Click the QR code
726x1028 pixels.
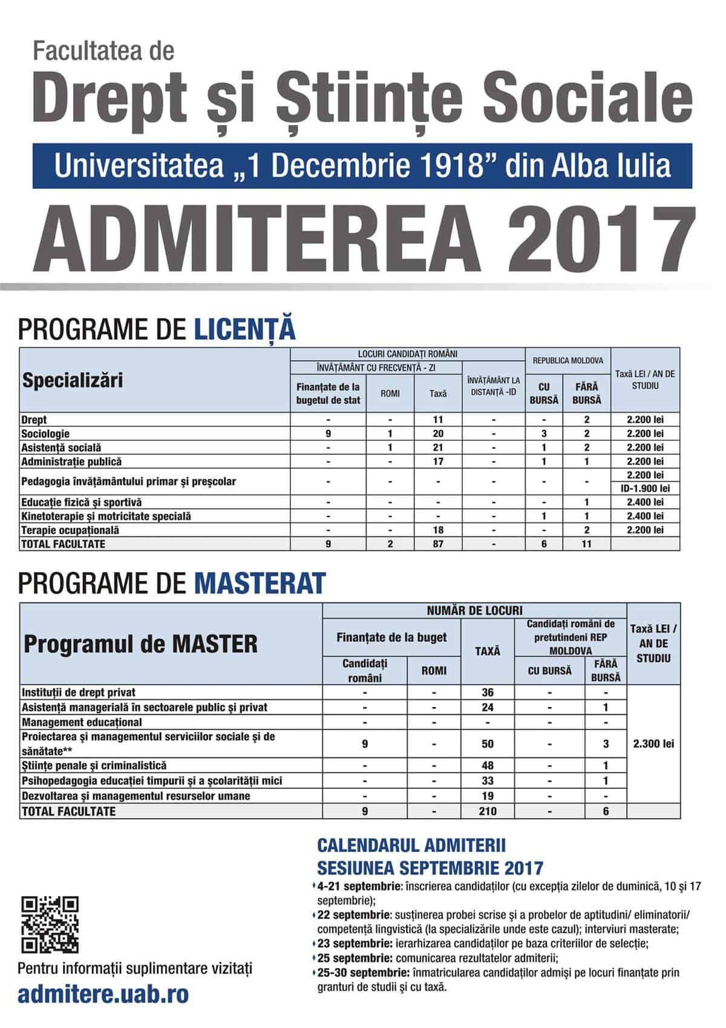click(50, 924)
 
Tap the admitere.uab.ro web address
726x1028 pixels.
click(103, 994)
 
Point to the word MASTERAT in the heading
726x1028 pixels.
click(260, 583)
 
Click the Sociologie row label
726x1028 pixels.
click(45, 433)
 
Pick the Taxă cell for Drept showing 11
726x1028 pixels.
click(438, 420)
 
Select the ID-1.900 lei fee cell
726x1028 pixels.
click(645, 489)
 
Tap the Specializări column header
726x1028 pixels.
click(73, 380)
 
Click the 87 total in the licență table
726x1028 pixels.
click(438, 544)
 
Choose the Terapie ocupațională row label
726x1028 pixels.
click(70, 530)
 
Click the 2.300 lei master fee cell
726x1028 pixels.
click(653, 743)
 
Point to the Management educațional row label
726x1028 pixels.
click(82, 722)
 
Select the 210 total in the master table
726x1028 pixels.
click(488, 811)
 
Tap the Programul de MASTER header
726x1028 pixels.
click(140, 644)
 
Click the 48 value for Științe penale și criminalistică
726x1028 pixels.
click(488, 766)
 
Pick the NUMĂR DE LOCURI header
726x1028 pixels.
click(474, 610)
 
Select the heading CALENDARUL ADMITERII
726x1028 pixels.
click(411, 845)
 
